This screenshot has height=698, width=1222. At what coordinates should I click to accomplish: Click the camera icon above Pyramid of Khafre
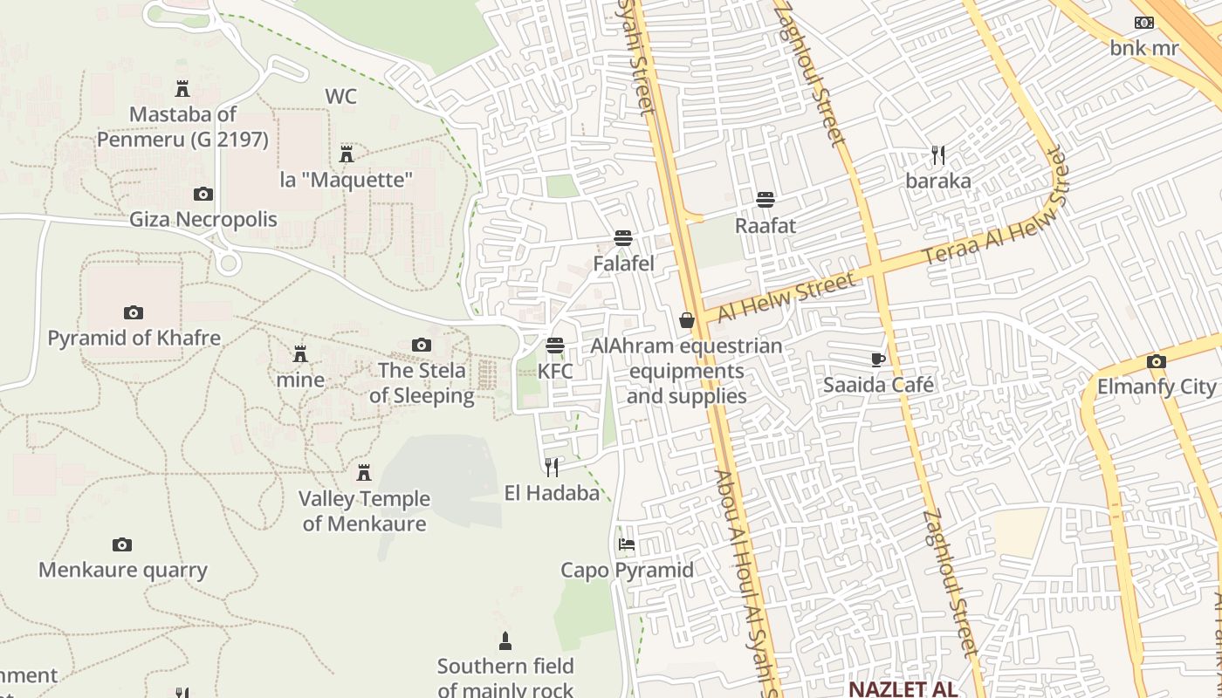tap(133, 312)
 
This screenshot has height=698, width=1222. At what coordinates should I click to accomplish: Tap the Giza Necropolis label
tap(203, 219)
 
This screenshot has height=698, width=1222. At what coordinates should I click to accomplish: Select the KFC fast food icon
tap(555, 345)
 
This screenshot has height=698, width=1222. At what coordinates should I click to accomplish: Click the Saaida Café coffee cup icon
tap(878, 359)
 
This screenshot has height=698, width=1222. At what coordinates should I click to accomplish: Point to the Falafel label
tap(623, 263)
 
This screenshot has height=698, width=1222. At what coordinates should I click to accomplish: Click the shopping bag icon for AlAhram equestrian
tap(687, 320)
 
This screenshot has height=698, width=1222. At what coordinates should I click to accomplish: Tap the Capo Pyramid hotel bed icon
tap(626, 544)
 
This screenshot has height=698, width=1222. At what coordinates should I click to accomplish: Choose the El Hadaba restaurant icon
tap(552, 468)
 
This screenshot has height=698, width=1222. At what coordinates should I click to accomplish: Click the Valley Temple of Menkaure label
tap(365, 511)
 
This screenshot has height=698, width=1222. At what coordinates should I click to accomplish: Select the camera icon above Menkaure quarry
tap(122, 545)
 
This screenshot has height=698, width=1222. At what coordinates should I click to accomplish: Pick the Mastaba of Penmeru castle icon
tap(182, 89)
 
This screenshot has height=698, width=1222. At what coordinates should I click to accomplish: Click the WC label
tap(340, 96)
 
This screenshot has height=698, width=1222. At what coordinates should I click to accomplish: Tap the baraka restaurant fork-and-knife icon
tap(938, 156)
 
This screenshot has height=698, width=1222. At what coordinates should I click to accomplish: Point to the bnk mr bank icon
tap(1143, 23)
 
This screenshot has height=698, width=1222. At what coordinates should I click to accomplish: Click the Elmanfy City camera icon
tap(1156, 361)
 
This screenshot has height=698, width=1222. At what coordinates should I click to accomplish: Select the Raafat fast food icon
tap(765, 200)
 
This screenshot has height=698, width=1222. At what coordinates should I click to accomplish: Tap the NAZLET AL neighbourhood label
tap(902, 689)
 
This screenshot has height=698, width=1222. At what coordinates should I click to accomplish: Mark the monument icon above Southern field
tap(505, 642)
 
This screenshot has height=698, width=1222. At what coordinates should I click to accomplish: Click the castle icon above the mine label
tap(300, 354)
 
